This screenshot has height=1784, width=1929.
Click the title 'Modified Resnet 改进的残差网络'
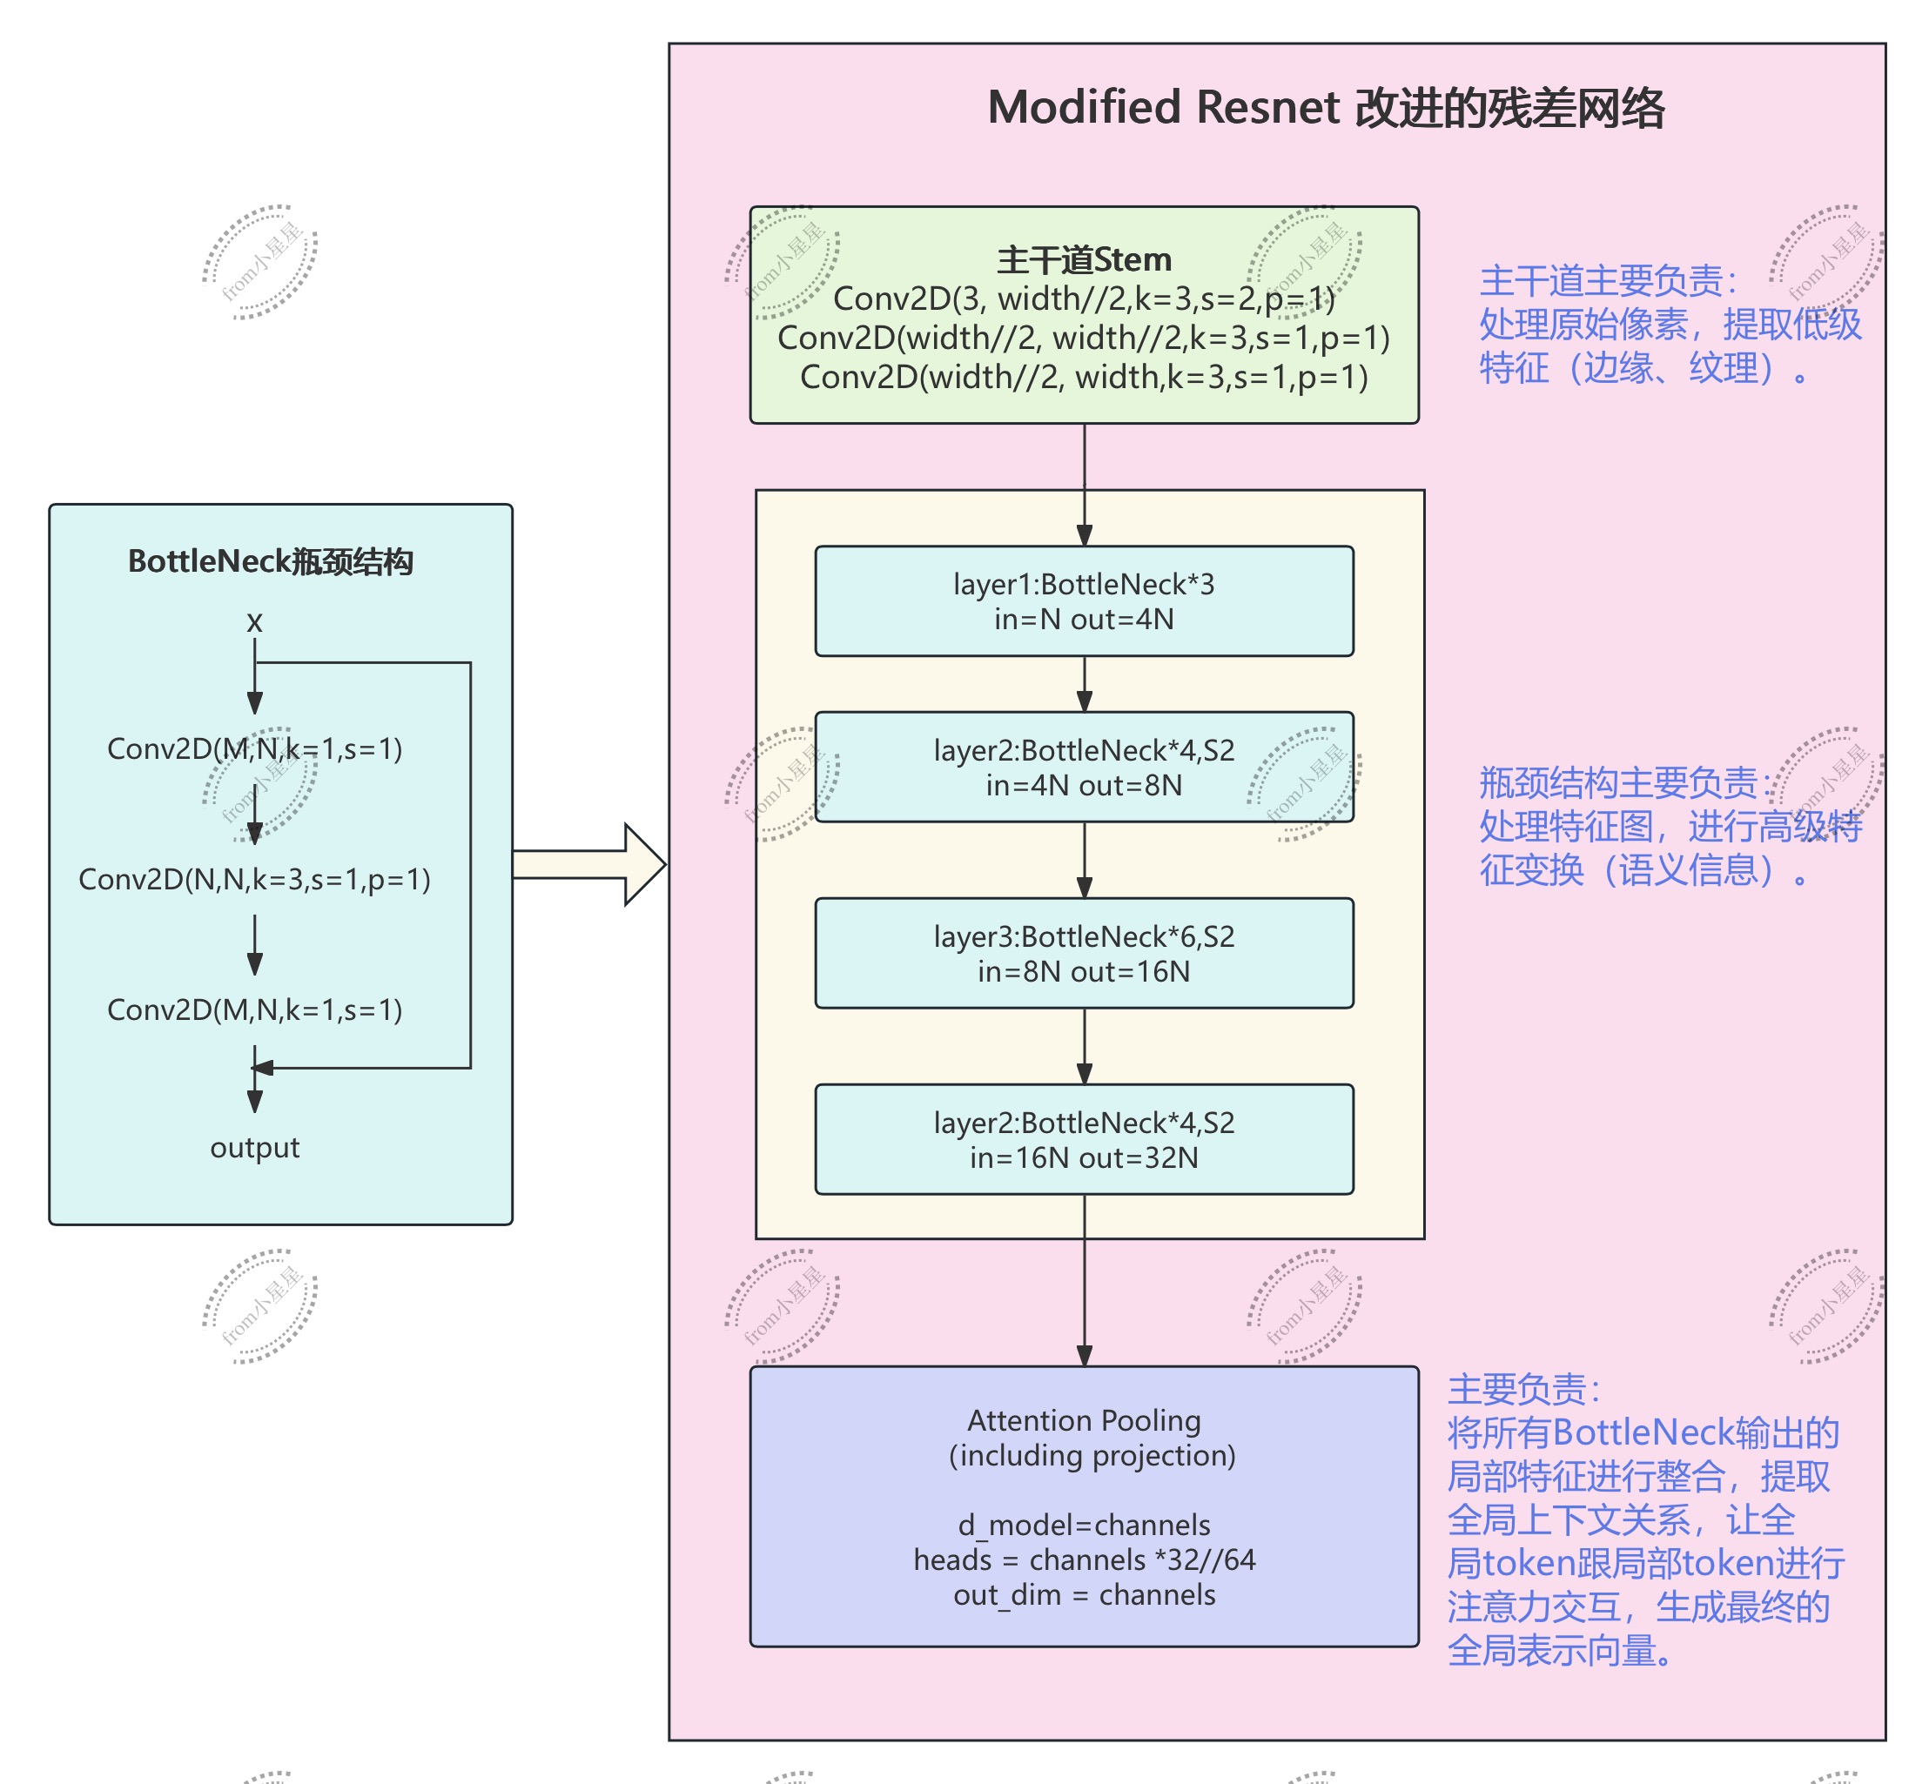click(1325, 107)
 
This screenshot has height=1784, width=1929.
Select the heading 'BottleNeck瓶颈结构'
click(271, 561)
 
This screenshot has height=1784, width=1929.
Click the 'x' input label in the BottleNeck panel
click(254, 621)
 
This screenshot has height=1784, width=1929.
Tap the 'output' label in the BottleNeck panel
click(254, 1147)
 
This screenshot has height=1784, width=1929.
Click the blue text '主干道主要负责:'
click(1608, 281)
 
